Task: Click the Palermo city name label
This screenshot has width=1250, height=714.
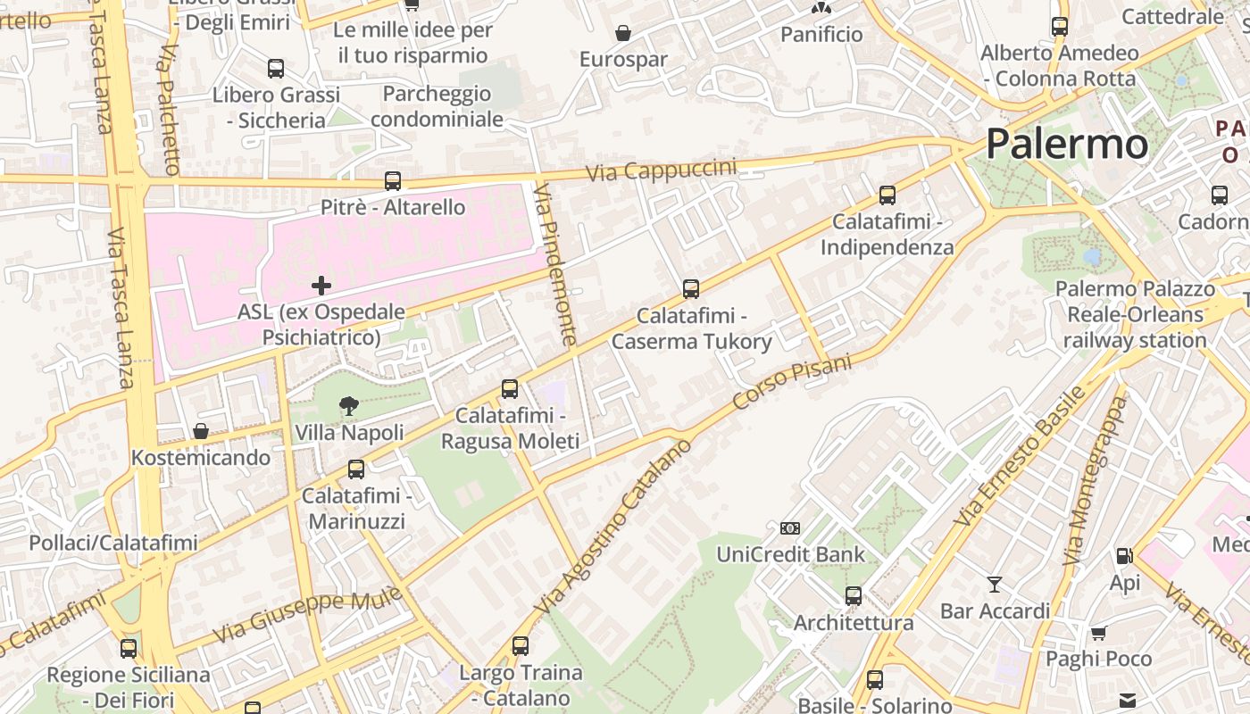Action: point(1067,144)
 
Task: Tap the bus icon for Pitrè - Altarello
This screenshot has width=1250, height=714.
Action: point(393,181)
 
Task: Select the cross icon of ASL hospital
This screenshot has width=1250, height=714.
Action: point(321,286)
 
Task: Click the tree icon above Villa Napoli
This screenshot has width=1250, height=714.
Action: point(349,407)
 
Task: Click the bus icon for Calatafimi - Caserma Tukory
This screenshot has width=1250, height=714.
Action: point(691,289)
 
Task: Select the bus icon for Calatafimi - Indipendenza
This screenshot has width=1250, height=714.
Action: point(887,195)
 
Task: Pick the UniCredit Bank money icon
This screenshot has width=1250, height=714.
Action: point(790,528)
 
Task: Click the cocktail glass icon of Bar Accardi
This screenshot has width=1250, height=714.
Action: point(995,585)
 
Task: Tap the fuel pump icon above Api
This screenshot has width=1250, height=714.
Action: point(1124,556)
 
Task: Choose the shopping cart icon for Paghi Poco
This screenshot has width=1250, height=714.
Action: point(1098,633)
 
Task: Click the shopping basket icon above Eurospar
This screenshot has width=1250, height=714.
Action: point(623,34)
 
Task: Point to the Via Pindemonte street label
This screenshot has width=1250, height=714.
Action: point(555,264)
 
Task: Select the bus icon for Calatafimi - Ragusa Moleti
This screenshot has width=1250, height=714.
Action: point(510,389)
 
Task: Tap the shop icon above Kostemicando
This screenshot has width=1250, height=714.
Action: point(201,431)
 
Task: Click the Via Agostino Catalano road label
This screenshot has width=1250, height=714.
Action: point(613,526)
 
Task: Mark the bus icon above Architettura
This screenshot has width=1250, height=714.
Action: point(854,595)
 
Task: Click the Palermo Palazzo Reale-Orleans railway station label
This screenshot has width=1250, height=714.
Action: point(1135,314)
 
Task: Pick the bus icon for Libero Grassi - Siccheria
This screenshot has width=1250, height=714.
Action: point(276,69)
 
